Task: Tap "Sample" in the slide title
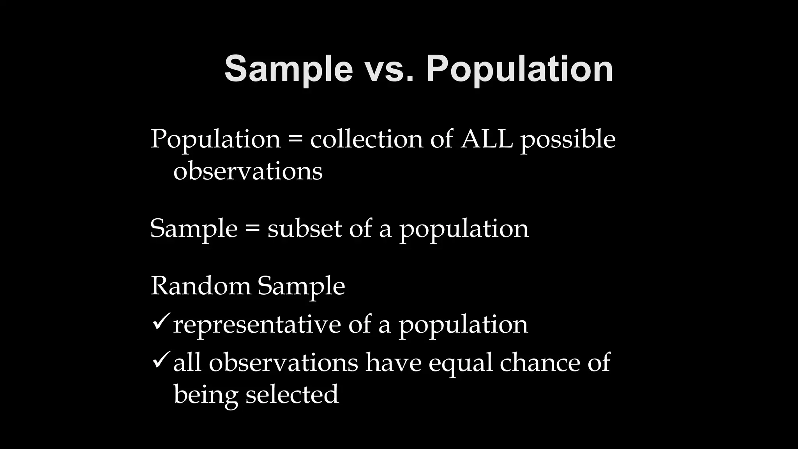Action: (x=289, y=69)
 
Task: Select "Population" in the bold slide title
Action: (x=520, y=69)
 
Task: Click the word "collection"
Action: (x=366, y=139)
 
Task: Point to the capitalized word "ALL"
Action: (x=487, y=139)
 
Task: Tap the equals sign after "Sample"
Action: (x=252, y=229)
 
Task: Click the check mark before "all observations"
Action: (x=160, y=360)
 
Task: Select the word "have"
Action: (x=394, y=362)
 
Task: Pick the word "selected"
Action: (x=292, y=394)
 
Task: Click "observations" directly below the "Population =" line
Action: (x=248, y=171)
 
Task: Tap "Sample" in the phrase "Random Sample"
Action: (x=301, y=286)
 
